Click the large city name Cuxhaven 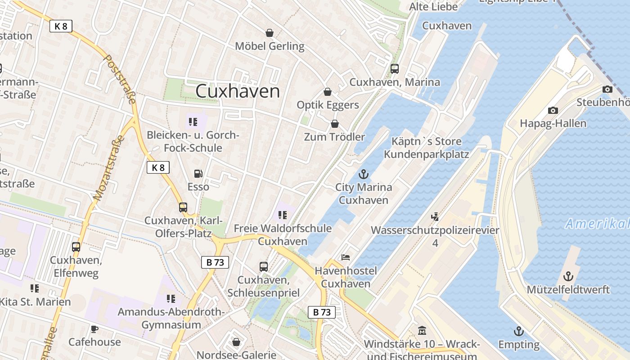tap(238, 91)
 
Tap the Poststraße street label tap(120, 79)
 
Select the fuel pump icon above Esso tap(198, 174)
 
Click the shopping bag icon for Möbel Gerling tap(269, 33)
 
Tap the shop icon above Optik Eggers tap(328, 92)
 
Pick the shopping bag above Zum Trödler tap(334, 123)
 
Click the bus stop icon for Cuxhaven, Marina tap(395, 69)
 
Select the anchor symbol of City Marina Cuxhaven tap(363, 174)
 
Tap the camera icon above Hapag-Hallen tap(553, 110)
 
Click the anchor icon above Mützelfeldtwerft tap(568, 276)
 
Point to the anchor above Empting tap(519, 332)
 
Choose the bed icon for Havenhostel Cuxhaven tap(346, 257)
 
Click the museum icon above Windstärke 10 tap(422, 331)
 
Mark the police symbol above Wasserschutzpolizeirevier tap(435, 217)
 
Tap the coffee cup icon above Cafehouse tap(94, 329)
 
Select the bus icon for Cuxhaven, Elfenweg tap(76, 247)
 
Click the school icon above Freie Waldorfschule tap(283, 215)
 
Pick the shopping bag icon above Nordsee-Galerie tap(236, 342)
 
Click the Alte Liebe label tap(433, 7)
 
